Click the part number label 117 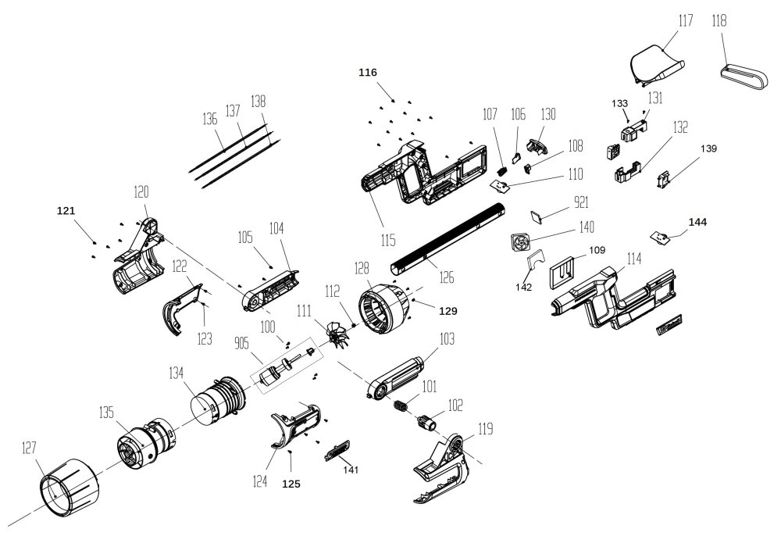pos(685,20)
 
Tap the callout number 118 pos(719,20)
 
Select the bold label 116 pos(368,73)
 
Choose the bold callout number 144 pos(698,223)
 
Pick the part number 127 pos(30,448)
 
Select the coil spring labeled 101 pos(401,407)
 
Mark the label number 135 pos(105,412)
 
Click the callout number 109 pos(597,252)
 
